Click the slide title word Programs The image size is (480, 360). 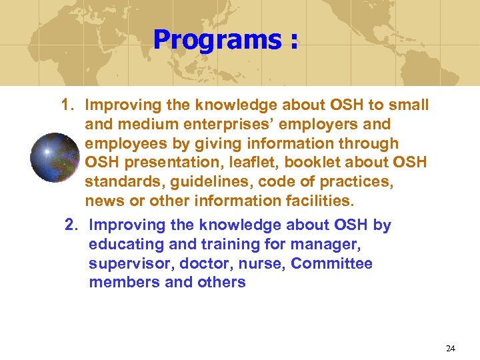(x=216, y=40)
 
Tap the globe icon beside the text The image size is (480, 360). (x=55, y=157)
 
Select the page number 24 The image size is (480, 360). (x=450, y=348)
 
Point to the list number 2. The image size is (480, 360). (x=71, y=225)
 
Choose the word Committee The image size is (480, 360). (x=331, y=264)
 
